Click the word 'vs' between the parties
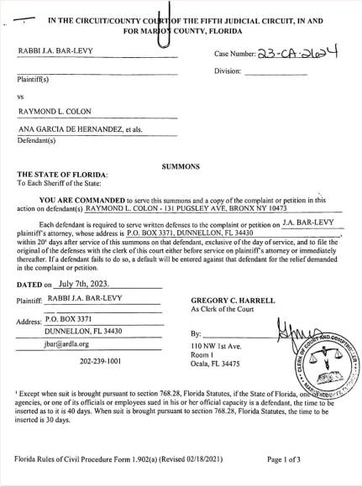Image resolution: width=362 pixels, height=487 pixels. tap(22, 96)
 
